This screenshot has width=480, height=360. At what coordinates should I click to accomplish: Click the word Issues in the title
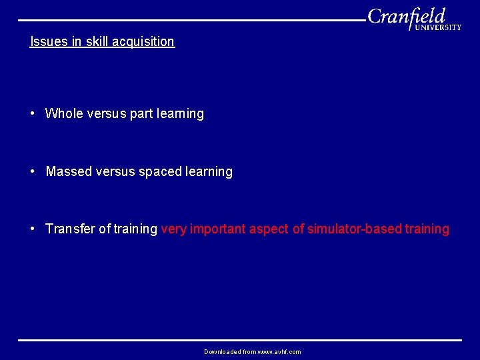(47, 41)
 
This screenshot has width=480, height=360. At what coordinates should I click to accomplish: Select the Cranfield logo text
(406, 16)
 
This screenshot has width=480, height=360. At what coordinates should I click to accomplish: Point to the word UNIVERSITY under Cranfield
(437, 27)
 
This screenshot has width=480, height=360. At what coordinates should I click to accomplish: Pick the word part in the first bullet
(141, 113)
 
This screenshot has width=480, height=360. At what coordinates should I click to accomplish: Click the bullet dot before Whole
(33, 113)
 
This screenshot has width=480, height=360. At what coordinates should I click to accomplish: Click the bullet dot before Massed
(33, 171)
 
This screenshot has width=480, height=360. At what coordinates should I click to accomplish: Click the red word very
(174, 229)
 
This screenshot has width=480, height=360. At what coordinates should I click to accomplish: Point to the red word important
(218, 229)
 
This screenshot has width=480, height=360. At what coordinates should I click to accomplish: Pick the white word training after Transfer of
(135, 229)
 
